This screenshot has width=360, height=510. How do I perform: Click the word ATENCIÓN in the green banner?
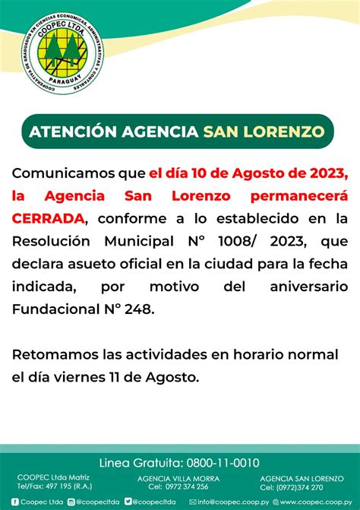74,131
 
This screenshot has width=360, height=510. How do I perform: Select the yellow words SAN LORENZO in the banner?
263,131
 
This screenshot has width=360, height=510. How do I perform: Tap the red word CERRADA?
48,218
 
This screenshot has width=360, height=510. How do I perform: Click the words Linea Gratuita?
141,463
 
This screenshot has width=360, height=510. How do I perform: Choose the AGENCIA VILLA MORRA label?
178,478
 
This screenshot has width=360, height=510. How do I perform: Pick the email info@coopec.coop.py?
230,502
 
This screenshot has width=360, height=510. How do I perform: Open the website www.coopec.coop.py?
316,502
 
